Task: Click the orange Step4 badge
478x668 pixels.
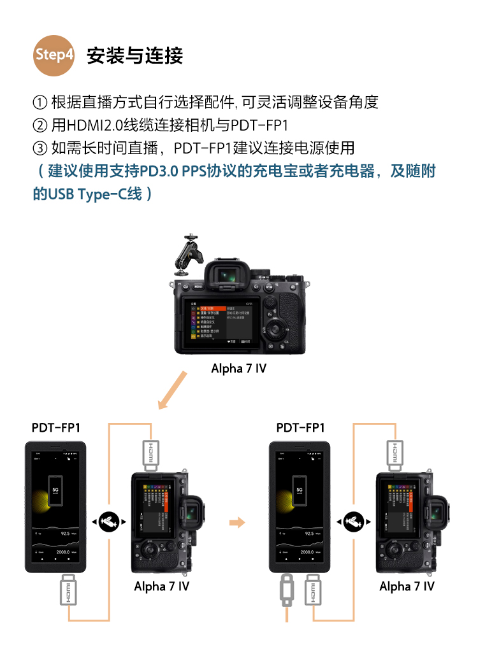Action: point(54,55)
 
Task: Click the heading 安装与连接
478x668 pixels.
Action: point(134,55)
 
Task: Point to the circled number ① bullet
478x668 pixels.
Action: point(40,102)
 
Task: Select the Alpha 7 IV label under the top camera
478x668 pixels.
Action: point(238,369)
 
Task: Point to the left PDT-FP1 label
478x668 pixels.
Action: point(55,427)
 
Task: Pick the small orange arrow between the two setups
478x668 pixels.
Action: point(237,522)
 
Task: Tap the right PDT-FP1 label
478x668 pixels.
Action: point(300,427)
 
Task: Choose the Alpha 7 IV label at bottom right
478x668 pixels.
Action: point(407,586)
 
